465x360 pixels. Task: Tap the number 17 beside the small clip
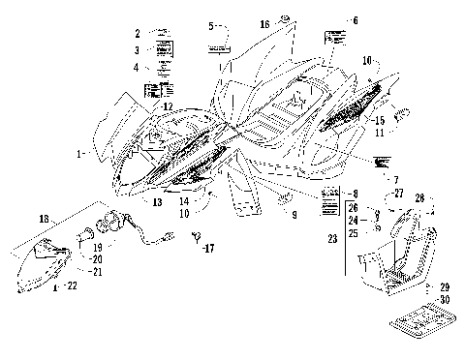tap(208, 249)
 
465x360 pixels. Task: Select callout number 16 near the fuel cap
tap(263, 21)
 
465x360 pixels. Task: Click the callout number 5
tap(210, 25)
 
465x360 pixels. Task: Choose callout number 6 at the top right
tap(355, 20)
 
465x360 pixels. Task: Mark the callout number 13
tap(157, 201)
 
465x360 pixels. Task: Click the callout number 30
tap(446, 299)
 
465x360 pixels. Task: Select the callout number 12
tap(168, 106)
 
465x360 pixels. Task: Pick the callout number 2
tap(138, 33)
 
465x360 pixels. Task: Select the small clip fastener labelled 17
tap(195, 235)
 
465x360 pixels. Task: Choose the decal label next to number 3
tap(163, 49)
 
